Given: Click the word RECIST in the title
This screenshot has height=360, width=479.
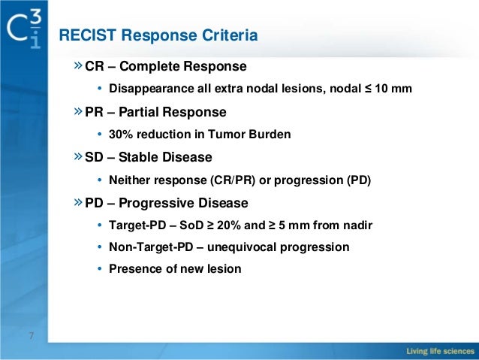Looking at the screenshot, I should [x=86, y=35].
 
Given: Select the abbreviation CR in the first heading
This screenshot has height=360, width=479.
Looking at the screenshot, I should [x=95, y=66].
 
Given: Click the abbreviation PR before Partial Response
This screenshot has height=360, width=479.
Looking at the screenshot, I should [x=95, y=112].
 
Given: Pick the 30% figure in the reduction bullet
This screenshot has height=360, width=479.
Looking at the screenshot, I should [x=120, y=135].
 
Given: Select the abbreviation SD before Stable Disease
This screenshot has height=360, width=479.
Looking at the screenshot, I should [x=95, y=158].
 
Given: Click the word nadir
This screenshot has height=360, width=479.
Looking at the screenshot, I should [x=357, y=226].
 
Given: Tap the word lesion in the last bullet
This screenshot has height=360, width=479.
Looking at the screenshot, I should [x=224, y=268].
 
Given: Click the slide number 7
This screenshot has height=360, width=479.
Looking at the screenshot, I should [x=31, y=335].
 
